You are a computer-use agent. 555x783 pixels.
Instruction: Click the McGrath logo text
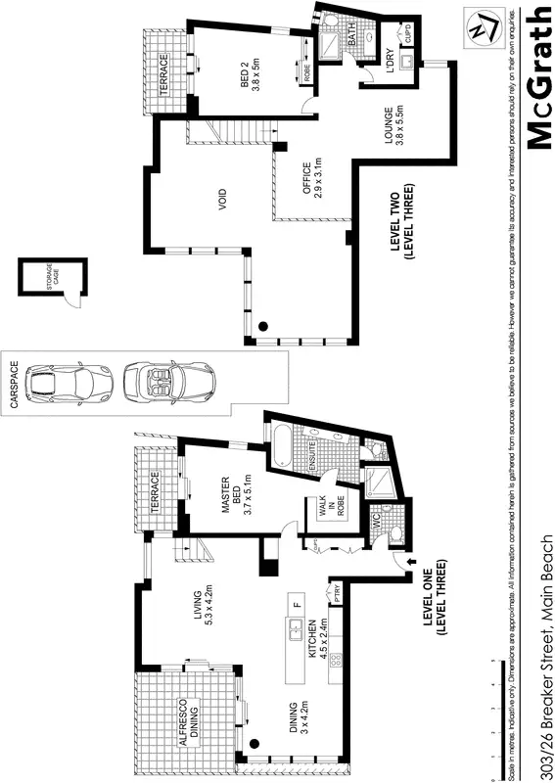click(x=538, y=78)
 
